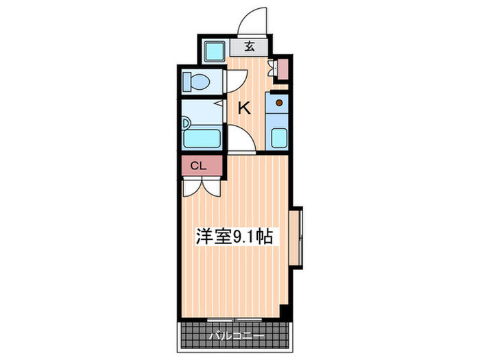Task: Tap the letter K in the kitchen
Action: pos(243,108)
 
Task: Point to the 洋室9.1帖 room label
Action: pos(235,237)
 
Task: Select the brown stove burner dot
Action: pos(279,104)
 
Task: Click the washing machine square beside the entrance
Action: pos(215,50)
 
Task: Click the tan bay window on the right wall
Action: pos(297,237)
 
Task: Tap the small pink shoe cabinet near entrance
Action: pos(283,69)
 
